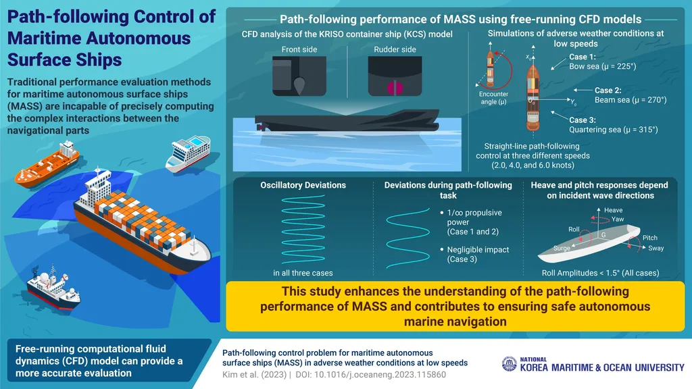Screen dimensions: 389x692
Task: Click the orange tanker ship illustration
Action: [46, 165]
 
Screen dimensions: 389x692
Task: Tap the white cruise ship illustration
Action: [188, 153]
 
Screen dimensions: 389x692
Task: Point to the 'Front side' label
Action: [300, 49]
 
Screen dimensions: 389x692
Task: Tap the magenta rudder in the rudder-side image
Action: [389, 87]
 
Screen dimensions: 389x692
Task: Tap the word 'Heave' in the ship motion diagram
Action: [614, 211]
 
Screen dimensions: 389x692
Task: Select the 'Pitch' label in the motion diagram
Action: [649, 238]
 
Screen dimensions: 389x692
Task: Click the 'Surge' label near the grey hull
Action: [562, 248]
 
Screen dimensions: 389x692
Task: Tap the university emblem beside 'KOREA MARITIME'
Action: [509, 363]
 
